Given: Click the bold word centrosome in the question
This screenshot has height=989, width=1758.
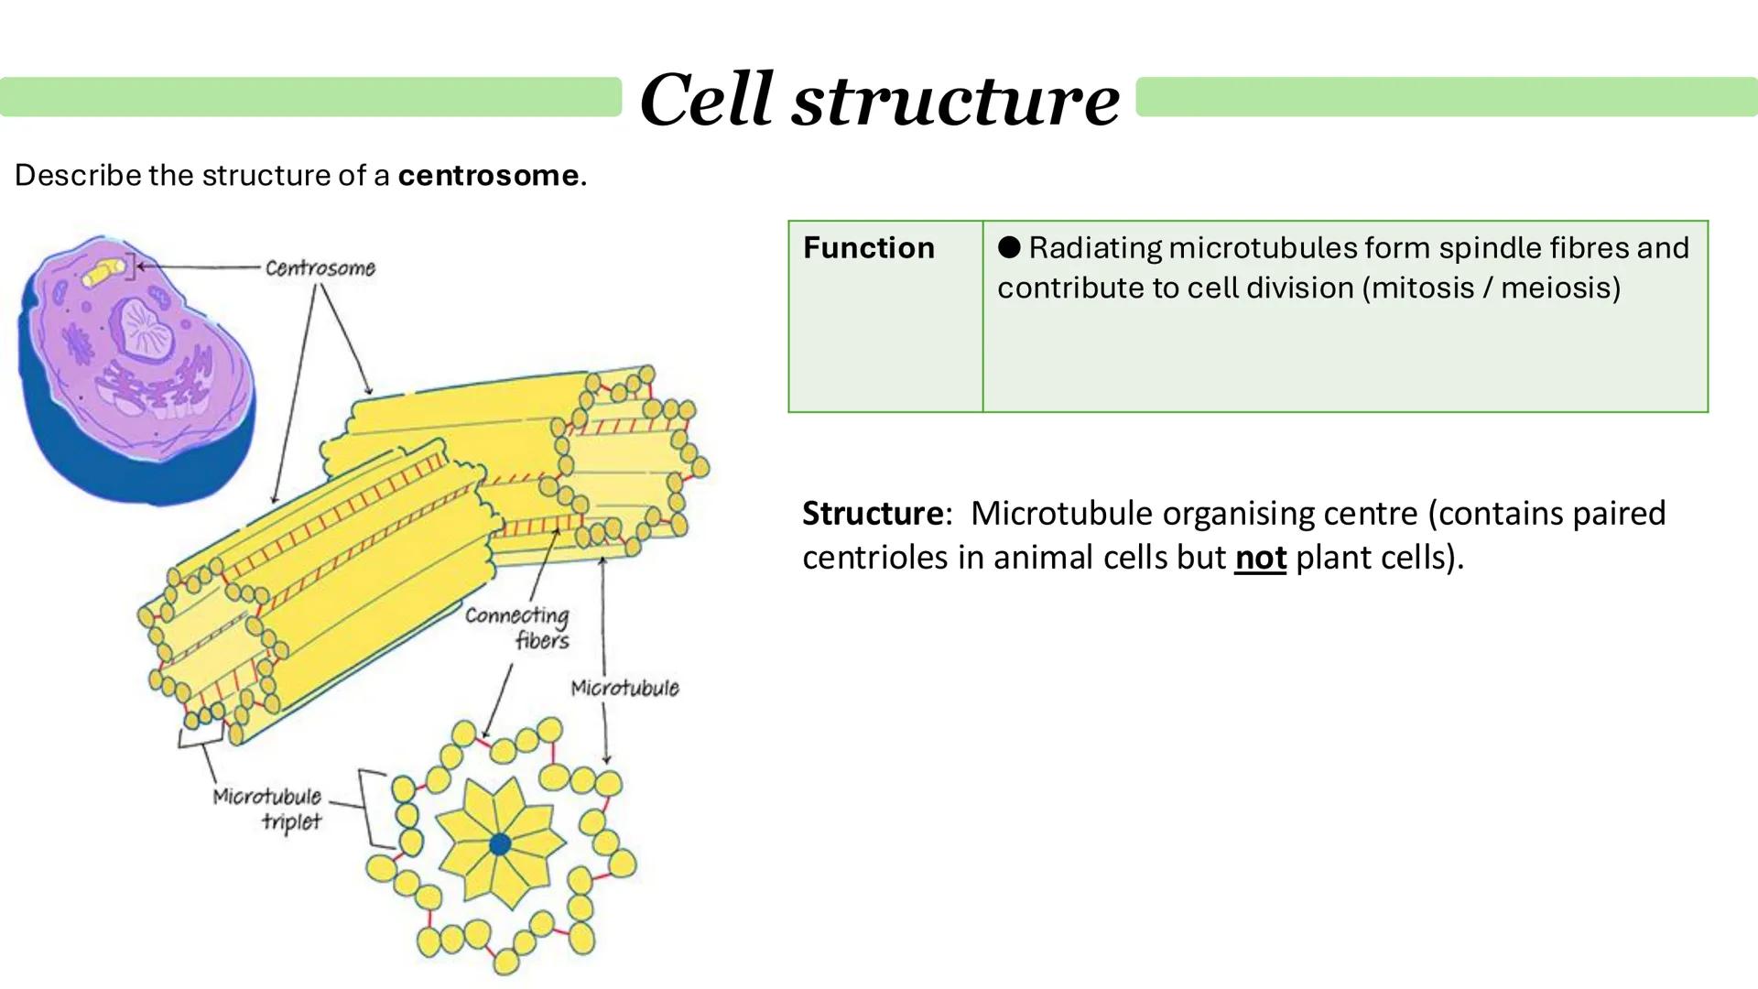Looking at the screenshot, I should coord(488,175).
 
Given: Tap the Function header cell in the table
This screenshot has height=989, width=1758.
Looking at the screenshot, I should coord(868,248).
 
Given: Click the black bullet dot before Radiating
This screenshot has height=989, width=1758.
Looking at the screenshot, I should coord(1009,247).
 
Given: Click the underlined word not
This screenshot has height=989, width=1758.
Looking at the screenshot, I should coord(1260,557).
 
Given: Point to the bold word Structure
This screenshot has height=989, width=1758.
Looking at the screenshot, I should coord(872,513).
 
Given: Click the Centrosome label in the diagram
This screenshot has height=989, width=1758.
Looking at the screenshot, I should coord(320,268).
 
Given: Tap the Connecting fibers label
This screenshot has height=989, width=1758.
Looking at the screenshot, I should coord(518,627).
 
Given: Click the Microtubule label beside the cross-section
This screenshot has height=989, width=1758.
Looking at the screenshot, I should coord(624,688).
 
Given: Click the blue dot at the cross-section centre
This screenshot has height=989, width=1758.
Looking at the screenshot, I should coord(500,844).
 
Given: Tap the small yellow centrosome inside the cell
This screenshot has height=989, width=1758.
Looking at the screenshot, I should coord(103,273).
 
